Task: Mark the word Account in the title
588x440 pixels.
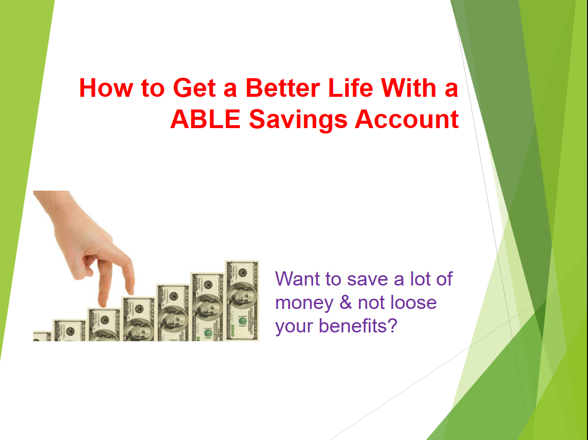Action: (407, 120)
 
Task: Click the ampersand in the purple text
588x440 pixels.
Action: (346, 303)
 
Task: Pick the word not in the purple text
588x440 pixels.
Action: (371, 303)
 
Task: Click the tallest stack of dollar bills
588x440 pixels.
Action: (242, 300)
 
